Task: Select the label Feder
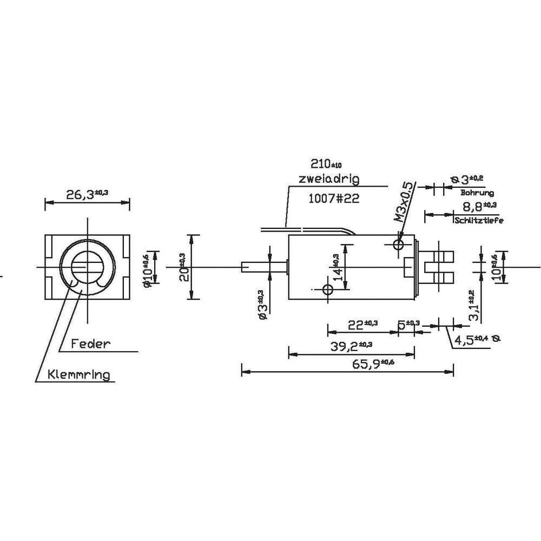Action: (x=90, y=343)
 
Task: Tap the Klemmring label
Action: (x=79, y=374)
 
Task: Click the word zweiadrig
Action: (x=328, y=179)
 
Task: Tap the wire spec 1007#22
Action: (x=333, y=199)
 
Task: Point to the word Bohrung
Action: (x=476, y=193)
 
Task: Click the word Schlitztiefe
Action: (x=478, y=220)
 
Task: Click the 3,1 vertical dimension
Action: (x=473, y=305)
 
